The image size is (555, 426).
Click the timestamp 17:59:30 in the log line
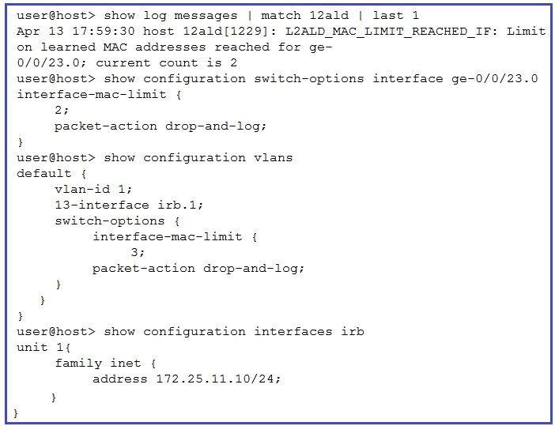point(104,31)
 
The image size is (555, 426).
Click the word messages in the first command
point(206,16)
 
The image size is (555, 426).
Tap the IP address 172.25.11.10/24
point(218,379)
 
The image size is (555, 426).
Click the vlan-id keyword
point(82,189)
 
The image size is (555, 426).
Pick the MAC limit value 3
point(134,252)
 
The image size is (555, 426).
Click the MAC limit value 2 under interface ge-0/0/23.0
point(59,110)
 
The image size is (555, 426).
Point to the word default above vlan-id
point(44,173)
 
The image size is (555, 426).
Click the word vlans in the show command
point(274,157)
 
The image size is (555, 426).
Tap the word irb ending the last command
point(353,331)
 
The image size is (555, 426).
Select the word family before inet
point(78,364)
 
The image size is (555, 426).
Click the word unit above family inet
point(32,348)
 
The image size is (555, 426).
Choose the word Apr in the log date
point(28,32)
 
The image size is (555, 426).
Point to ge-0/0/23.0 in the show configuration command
point(494,78)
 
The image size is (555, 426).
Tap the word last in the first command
point(388,16)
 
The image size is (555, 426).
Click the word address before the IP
point(120,379)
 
